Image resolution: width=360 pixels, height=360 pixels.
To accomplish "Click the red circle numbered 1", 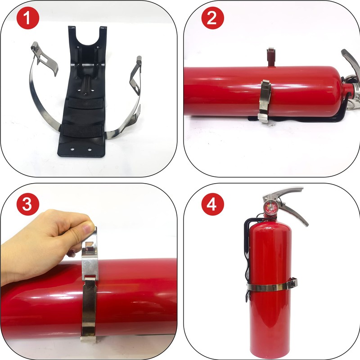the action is [x=28, y=18].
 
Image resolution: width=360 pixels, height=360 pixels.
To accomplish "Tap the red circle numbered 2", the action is [x=212, y=18].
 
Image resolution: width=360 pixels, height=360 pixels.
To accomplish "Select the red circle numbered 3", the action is [x=28, y=204].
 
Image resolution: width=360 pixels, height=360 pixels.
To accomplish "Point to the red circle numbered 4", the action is [x=212, y=204].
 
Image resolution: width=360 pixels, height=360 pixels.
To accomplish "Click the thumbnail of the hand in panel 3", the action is [x=87, y=229].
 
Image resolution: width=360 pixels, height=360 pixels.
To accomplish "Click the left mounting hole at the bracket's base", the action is [x=72, y=149].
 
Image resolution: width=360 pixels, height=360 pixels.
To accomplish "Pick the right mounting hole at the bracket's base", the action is [x=89, y=150].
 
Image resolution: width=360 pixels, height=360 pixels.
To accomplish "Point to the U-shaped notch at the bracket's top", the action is [x=87, y=37].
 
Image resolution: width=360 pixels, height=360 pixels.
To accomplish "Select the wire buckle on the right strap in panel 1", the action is [x=136, y=76].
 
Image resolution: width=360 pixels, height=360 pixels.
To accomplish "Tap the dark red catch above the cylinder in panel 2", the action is [x=271, y=57].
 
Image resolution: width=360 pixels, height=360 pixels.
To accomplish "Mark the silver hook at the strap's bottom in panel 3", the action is [x=89, y=339].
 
